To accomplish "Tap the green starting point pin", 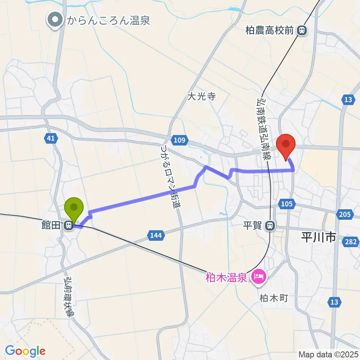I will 74,208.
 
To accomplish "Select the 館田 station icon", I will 68,226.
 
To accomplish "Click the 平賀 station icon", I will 269,226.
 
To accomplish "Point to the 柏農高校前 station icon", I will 301,30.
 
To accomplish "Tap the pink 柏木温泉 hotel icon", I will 258,278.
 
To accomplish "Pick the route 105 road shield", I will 286,204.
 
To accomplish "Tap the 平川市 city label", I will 318,237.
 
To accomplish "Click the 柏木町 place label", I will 273,298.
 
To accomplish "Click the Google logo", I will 25,351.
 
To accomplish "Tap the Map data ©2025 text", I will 328,354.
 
